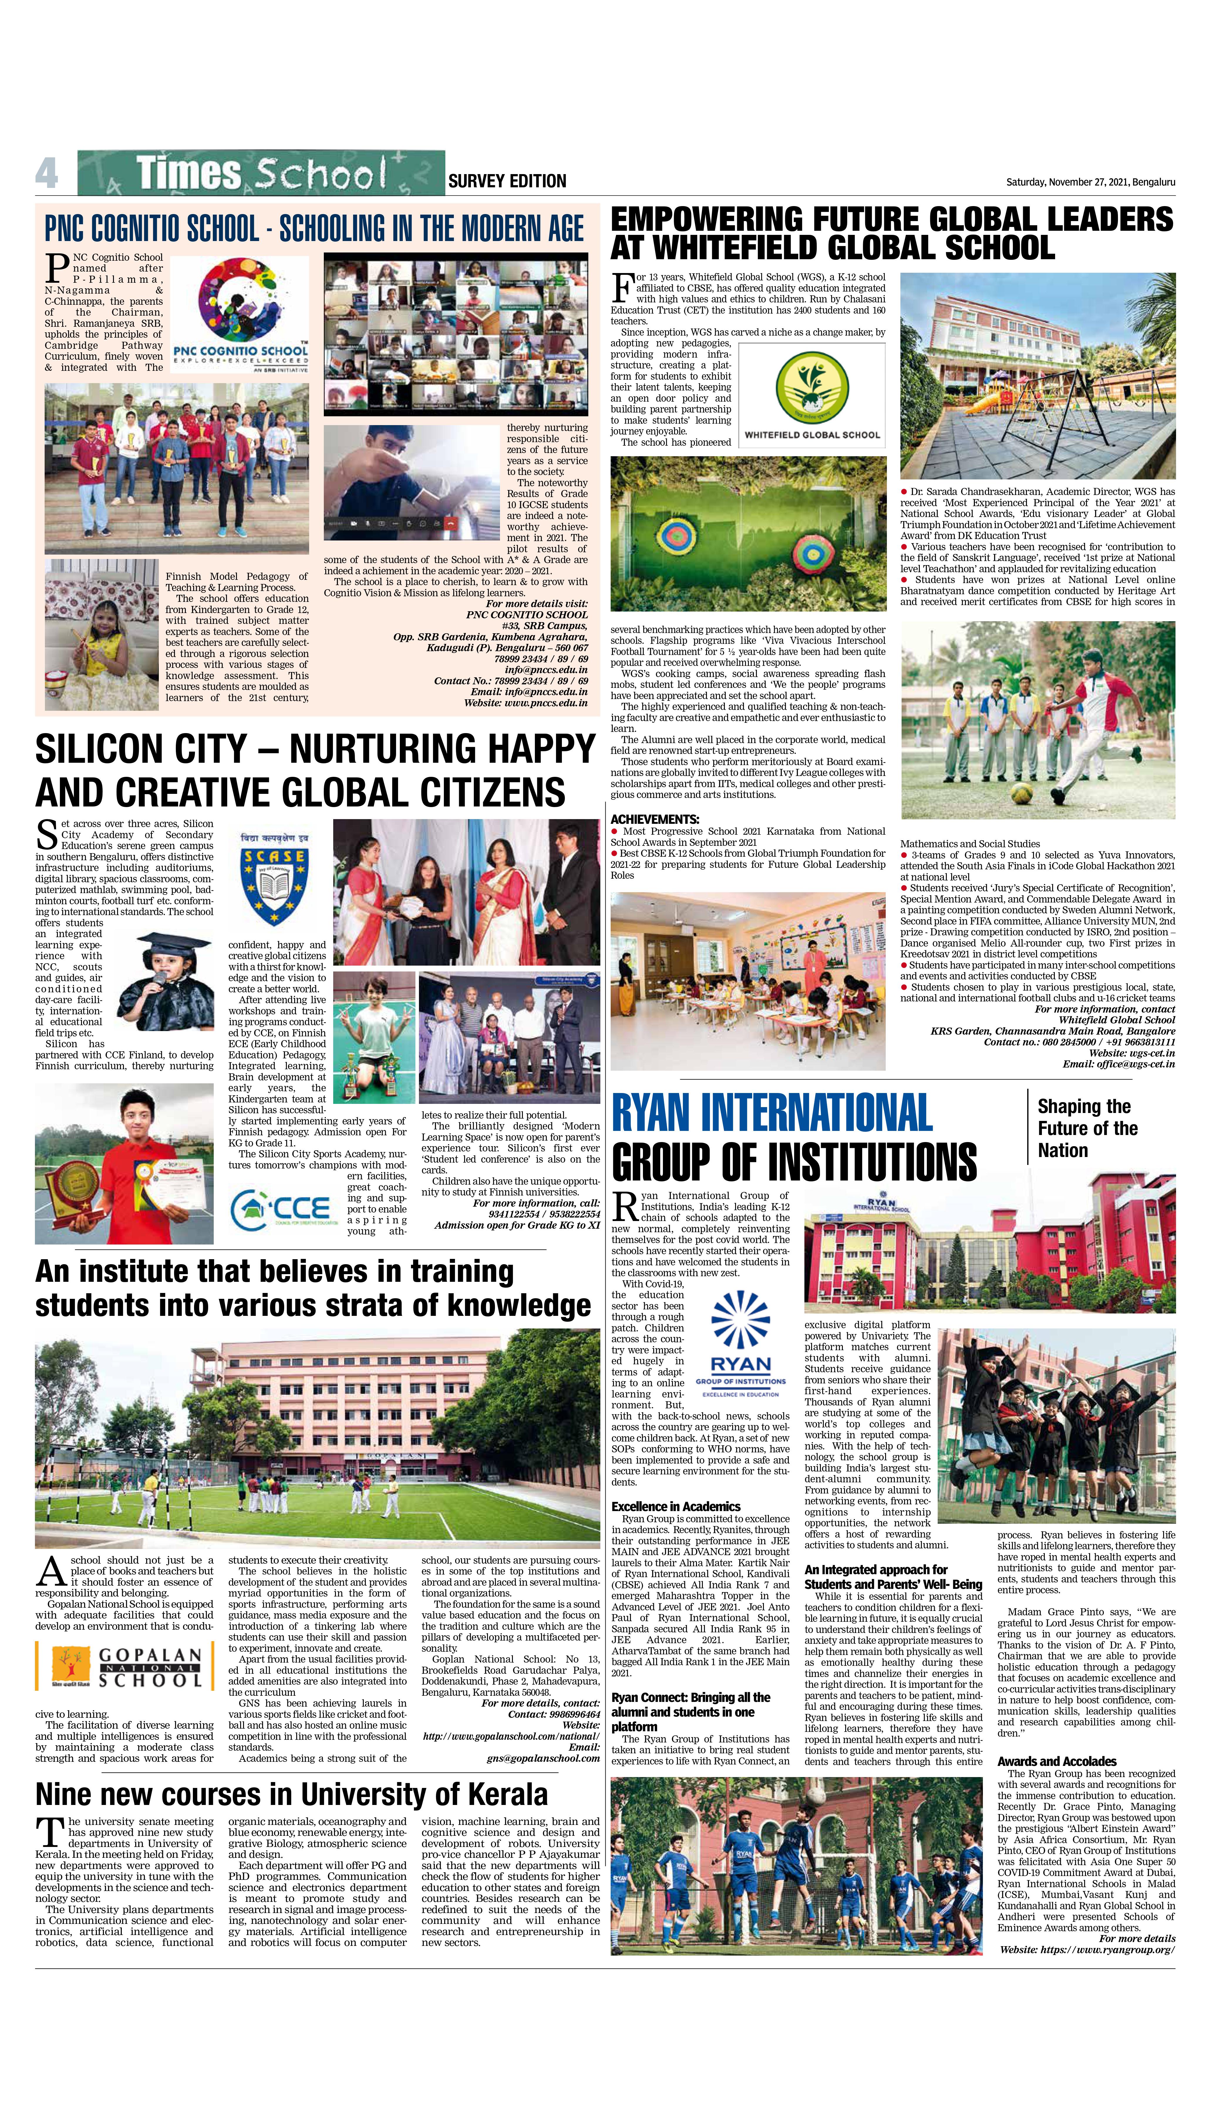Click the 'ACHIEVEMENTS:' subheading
point(655,819)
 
